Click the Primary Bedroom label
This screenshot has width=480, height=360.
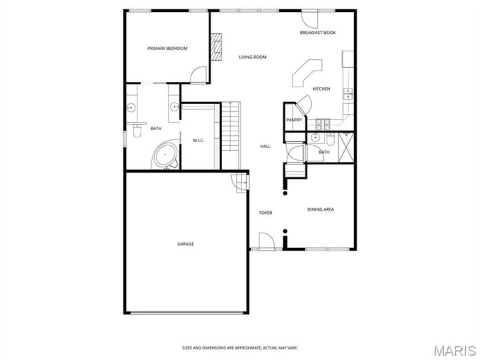167,48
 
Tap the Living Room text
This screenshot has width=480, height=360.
253,57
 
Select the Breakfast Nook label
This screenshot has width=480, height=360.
317,33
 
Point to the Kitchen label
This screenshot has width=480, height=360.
321,89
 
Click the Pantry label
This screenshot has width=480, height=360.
294,120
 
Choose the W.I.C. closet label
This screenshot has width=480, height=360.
199,140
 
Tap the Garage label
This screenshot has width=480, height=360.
185,244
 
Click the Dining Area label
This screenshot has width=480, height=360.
320,209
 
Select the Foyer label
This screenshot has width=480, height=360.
266,213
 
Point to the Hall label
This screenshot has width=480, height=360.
265,146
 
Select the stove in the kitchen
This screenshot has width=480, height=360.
323,123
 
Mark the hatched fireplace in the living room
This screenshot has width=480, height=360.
216,48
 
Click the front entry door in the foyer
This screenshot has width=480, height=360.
265,241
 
